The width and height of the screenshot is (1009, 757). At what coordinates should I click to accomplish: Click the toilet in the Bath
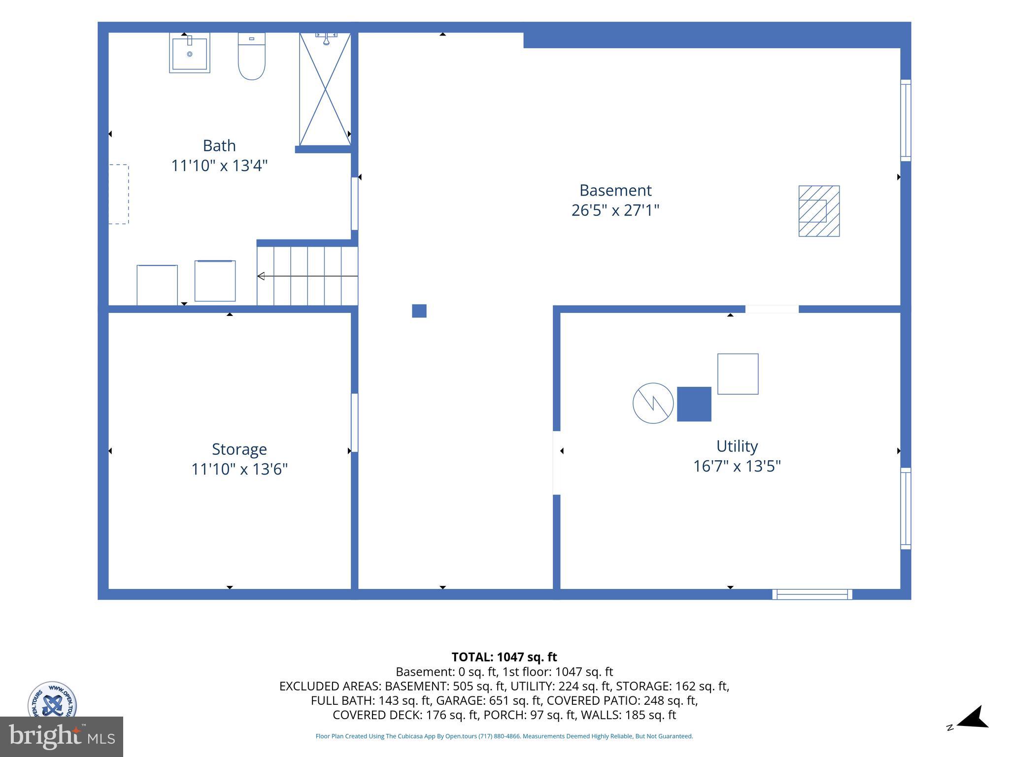pos(252,56)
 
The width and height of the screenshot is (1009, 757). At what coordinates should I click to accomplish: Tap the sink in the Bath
pos(190,53)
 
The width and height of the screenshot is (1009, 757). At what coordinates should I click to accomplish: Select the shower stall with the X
pos(325,89)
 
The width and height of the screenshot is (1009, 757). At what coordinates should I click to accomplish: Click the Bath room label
pos(219,146)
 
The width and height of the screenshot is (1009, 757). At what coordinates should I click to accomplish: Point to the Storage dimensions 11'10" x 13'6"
pos(239,469)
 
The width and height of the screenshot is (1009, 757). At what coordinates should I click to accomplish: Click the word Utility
pos(737,446)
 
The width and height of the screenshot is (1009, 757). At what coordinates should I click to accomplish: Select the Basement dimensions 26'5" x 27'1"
pos(615,210)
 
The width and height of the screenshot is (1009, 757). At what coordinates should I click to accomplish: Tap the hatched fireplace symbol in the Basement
pos(819,211)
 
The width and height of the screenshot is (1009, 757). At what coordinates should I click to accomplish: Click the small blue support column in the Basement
pos(419,311)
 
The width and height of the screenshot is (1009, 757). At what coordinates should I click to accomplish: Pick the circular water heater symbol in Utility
pos(653,403)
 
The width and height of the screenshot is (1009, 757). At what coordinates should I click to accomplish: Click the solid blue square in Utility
pos(694,404)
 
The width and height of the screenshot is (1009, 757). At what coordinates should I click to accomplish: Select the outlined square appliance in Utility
pos(738,374)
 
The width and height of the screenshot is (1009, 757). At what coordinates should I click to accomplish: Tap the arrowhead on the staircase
pos(261,276)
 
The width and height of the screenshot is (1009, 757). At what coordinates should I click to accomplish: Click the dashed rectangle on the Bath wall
pos(119,194)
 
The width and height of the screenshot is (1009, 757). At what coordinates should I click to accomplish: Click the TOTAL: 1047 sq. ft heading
pos(504,657)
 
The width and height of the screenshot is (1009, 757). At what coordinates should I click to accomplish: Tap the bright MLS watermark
pos(62,736)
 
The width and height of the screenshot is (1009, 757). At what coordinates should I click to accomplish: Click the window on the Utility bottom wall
pos(812,594)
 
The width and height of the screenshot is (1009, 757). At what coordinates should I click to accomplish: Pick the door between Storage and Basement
pos(355,422)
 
